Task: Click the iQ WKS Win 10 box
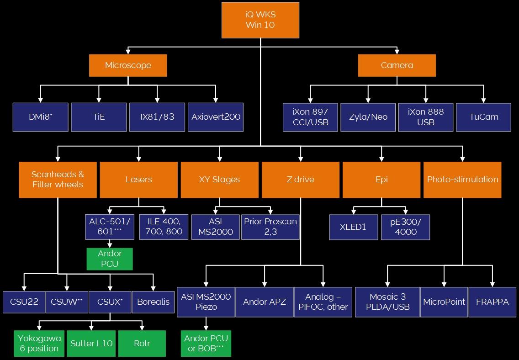(x=260, y=20)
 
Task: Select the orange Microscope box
(x=128, y=65)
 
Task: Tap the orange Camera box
(x=397, y=65)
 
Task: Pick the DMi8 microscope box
(x=41, y=117)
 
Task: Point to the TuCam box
(x=483, y=117)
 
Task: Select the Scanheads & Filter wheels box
(x=58, y=180)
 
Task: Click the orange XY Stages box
(x=220, y=180)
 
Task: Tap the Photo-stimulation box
(x=462, y=180)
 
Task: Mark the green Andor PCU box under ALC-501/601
(x=110, y=259)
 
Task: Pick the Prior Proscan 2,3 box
(x=270, y=227)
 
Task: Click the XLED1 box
(x=354, y=227)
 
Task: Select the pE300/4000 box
(x=406, y=227)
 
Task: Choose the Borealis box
(x=153, y=302)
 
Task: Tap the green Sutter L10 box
(x=91, y=343)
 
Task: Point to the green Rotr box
(x=142, y=343)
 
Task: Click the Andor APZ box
(x=264, y=302)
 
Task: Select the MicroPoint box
(x=444, y=302)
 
